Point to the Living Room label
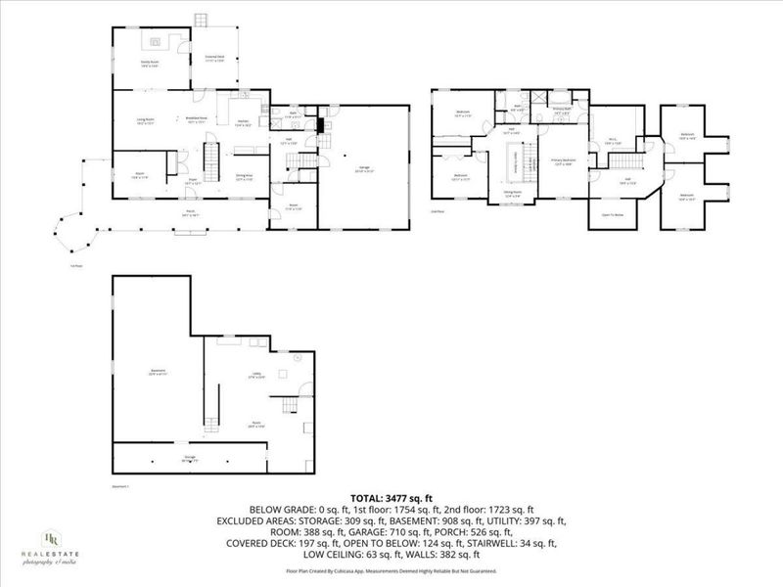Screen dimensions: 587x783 point(146,121)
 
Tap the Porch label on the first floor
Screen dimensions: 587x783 point(190,211)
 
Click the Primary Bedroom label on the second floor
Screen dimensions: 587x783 point(564,160)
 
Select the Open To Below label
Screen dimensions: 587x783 point(614,213)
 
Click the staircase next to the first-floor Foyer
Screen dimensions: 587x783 point(208,157)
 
